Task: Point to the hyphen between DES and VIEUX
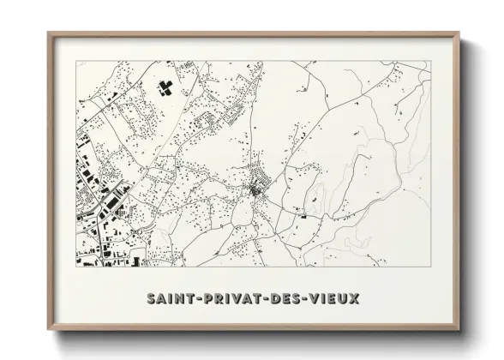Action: [306, 300]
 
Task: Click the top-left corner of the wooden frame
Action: [47, 33]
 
